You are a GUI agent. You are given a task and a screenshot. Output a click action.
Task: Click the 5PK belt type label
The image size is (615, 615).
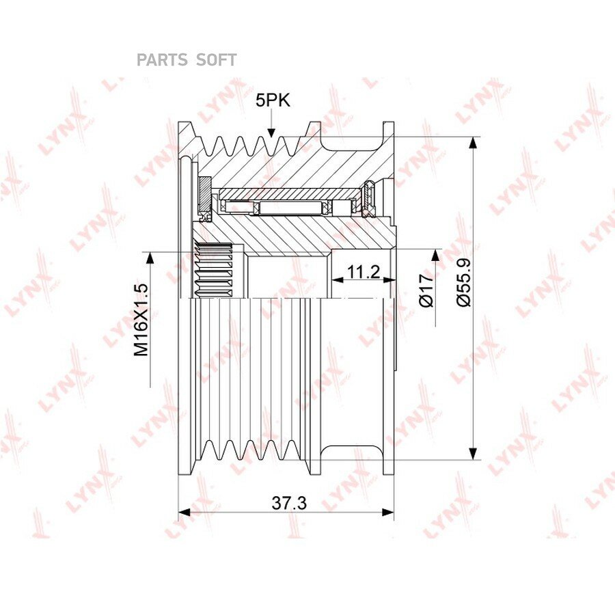(273, 100)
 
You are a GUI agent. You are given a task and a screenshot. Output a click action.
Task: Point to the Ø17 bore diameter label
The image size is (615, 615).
(426, 290)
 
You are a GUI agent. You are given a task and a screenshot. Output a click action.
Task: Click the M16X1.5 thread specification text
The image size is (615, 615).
(141, 319)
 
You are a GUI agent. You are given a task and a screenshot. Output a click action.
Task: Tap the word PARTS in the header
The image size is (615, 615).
(162, 60)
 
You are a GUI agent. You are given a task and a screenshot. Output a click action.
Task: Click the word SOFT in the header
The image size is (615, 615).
(216, 60)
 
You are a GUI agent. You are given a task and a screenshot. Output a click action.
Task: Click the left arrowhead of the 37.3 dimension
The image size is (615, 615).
(184, 512)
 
